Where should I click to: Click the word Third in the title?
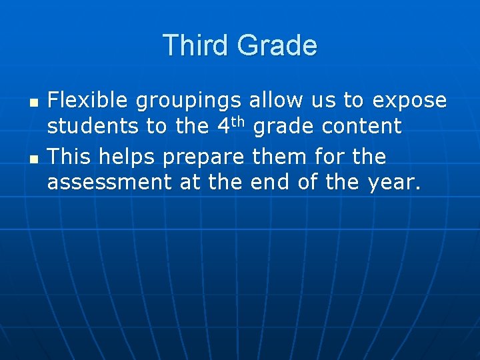195,45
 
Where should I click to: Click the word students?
88,126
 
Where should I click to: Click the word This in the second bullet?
69,157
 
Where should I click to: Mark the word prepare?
204,158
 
